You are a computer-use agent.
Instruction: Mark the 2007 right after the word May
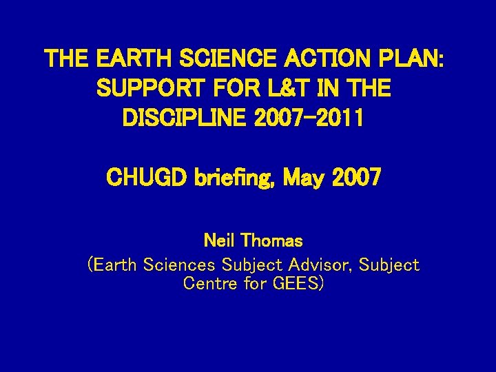point(356,178)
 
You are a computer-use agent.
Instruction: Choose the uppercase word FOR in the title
point(238,88)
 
